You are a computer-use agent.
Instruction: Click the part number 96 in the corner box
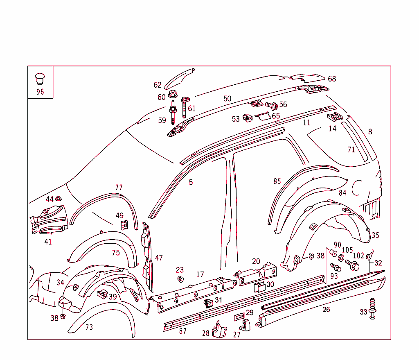(40, 92)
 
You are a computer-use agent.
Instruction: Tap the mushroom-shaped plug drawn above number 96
(40, 78)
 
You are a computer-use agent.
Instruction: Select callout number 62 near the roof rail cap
(158, 85)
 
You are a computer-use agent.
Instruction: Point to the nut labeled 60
(172, 94)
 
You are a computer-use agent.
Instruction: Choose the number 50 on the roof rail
(227, 99)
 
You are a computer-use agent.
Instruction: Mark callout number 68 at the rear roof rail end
(332, 79)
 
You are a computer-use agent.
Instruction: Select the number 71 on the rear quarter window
(351, 150)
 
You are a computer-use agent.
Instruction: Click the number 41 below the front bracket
(48, 242)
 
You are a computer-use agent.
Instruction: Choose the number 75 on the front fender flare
(116, 253)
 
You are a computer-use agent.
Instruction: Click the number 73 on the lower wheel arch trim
(89, 327)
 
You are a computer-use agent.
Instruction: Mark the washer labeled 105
(341, 258)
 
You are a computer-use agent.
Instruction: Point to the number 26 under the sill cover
(326, 310)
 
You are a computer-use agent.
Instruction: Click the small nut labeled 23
(180, 279)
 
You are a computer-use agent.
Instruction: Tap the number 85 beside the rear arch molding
(277, 181)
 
